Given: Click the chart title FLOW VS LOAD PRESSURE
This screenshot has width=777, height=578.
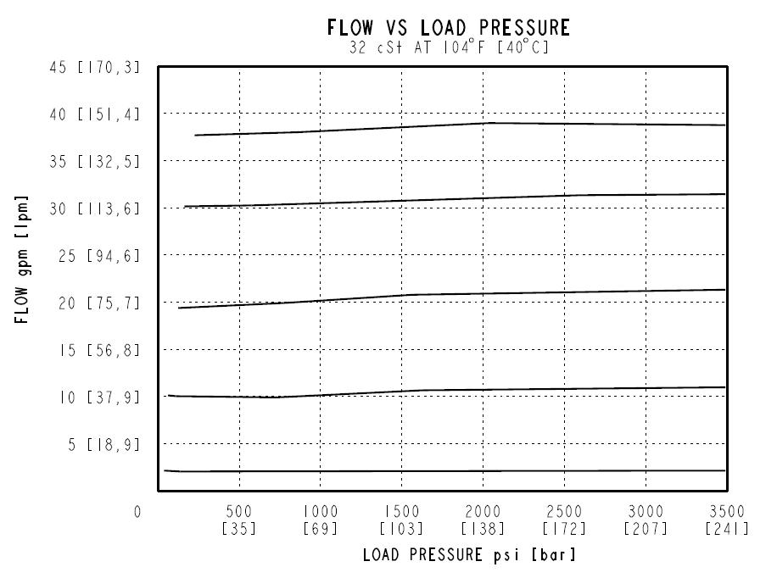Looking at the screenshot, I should tap(448, 28).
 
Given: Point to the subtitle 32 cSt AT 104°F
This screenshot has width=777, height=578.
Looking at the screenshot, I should tap(448, 48).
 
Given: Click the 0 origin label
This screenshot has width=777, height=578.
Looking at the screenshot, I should tap(137, 512).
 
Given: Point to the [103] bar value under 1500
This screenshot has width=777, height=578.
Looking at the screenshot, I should tap(401, 529).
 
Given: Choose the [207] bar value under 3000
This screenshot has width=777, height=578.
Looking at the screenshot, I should tap(646, 529).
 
